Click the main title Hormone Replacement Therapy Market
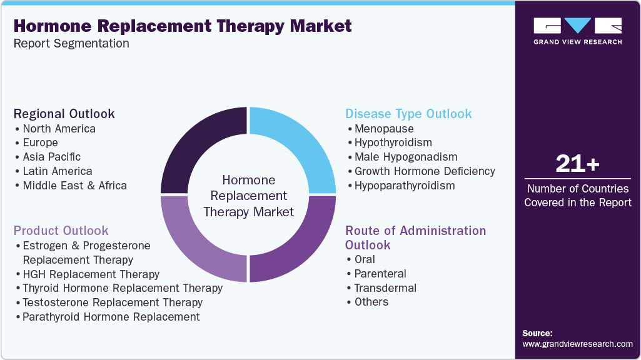(183, 26)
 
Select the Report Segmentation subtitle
(71, 44)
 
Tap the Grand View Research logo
(577, 31)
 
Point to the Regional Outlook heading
(64, 114)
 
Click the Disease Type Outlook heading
(408, 114)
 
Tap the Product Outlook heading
(61, 231)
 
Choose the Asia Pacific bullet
(51, 157)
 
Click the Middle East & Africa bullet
(74, 186)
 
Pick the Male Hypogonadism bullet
(405, 157)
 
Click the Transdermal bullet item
(385, 288)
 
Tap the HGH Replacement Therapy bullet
(91, 274)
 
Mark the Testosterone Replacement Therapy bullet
(112, 302)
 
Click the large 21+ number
(577, 164)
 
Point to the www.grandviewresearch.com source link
(577, 344)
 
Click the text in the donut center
(249, 196)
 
